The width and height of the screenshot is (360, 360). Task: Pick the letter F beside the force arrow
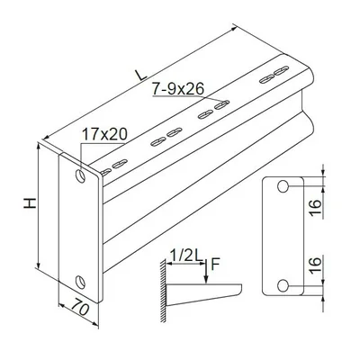(x=215, y=263)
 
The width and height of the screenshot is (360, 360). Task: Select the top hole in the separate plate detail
(x=283, y=186)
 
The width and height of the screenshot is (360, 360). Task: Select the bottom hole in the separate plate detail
(x=283, y=285)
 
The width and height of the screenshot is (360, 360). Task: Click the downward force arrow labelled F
(x=207, y=273)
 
